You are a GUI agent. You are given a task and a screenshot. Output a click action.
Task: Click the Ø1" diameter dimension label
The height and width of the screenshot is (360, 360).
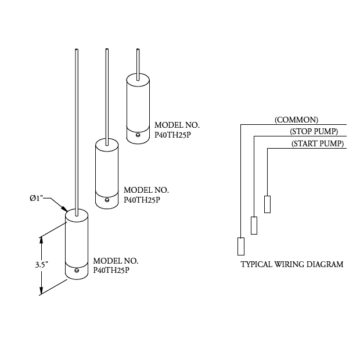click(x=39, y=199)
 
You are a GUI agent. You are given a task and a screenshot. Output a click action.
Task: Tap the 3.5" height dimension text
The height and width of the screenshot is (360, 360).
click(x=41, y=264)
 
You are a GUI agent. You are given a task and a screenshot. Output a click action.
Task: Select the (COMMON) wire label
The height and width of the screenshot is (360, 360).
click(x=296, y=120)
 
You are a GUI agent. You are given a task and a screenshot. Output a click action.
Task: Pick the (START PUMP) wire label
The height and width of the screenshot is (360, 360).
click(x=317, y=143)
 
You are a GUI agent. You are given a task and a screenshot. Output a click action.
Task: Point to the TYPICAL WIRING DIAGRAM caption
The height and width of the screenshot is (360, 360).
click(x=291, y=264)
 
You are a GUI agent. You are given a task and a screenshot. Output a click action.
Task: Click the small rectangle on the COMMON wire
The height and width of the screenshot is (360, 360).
click(x=240, y=247)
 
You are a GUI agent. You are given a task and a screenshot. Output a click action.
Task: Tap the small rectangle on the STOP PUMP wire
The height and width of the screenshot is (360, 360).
click(x=254, y=225)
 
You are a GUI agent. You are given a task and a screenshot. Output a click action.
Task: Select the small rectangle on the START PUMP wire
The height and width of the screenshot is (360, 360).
click(x=267, y=204)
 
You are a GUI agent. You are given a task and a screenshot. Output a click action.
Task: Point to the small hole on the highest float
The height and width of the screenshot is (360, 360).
click(x=138, y=135)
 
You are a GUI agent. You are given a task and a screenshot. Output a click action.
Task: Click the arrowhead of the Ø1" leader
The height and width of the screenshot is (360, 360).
click(x=65, y=210)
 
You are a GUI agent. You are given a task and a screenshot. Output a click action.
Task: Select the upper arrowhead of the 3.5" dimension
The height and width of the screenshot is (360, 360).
click(x=41, y=237)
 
